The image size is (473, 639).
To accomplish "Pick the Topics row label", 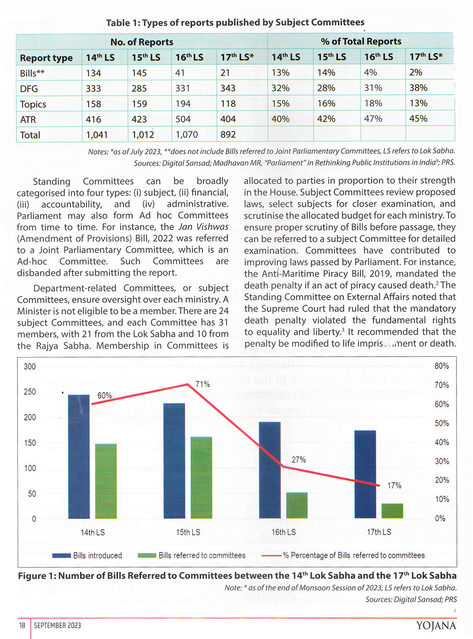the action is click(x=33, y=104).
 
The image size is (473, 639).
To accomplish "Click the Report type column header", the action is click(x=46, y=58).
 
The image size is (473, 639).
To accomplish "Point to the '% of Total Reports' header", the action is click(x=361, y=42).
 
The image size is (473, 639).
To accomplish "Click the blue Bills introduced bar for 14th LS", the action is click(x=79, y=456).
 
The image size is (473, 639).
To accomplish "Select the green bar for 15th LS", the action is click(x=201, y=477).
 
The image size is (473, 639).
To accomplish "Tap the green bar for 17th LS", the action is click(x=392, y=511).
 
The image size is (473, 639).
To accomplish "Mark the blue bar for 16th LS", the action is click(x=270, y=470).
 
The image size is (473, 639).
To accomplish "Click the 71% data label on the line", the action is click(x=202, y=384).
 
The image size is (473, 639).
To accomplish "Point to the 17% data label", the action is click(x=394, y=485).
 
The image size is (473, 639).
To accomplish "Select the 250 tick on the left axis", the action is click(x=30, y=392).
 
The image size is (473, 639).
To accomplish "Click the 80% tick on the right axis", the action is click(x=442, y=366).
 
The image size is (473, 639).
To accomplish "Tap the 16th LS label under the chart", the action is click(x=284, y=532).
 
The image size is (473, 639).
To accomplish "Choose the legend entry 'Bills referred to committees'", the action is click(x=192, y=555).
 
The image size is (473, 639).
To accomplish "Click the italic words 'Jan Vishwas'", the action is click(x=203, y=227).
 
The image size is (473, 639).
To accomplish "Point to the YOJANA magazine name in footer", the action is click(x=436, y=626).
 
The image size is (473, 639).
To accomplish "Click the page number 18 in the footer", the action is click(x=22, y=625).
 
